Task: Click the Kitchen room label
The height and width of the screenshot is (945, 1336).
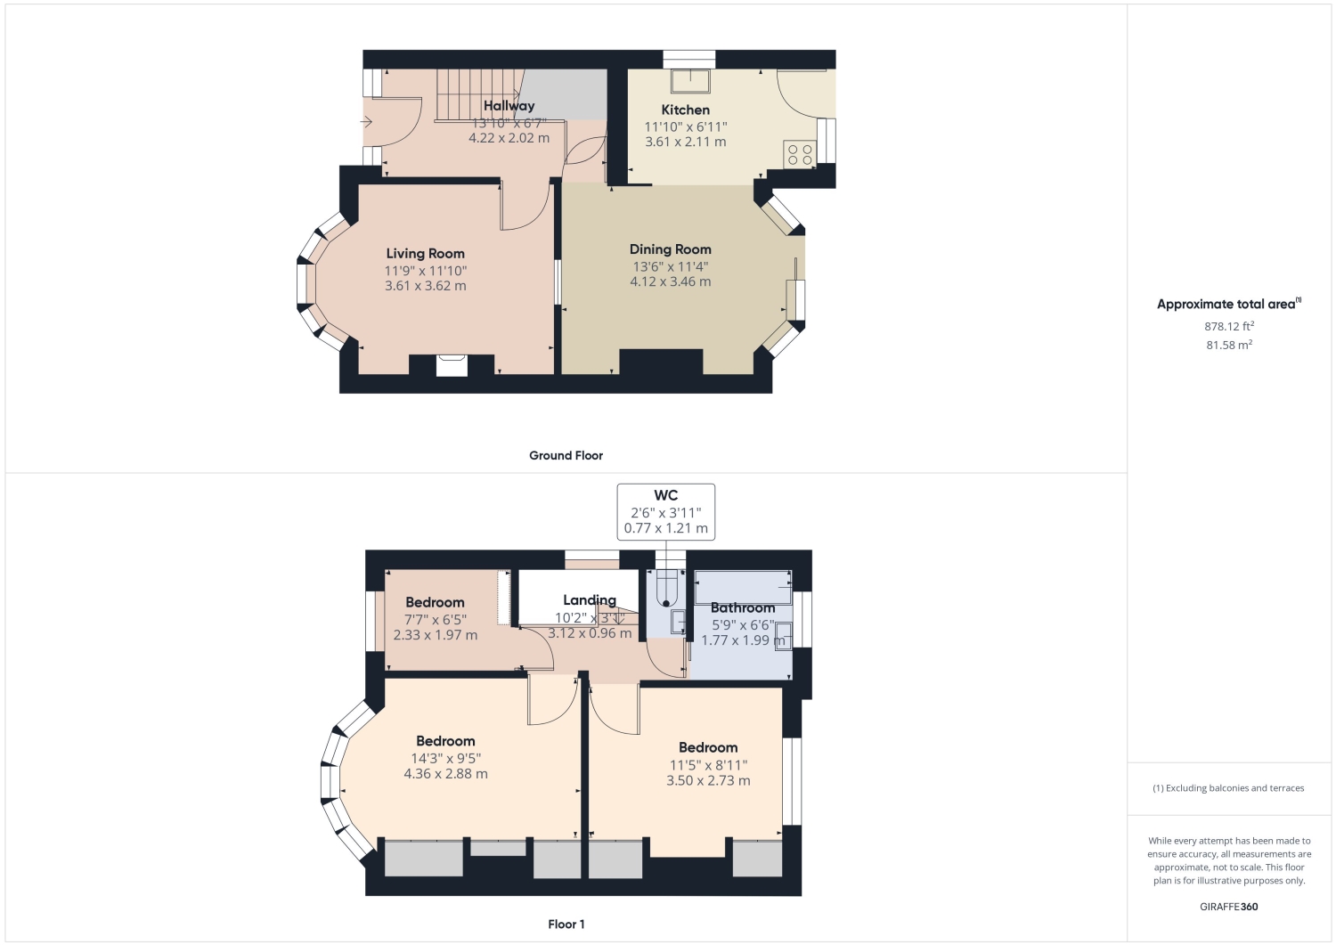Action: [x=685, y=110]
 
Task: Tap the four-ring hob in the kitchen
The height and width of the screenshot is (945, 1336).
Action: [x=800, y=154]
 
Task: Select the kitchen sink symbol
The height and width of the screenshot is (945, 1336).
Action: [x=690, y=81]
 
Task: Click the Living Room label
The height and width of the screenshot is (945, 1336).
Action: [x=425, y=254]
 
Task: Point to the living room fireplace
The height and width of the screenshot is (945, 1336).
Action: [x=452, y=365]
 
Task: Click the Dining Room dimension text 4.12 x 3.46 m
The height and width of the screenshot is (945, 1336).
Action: [x=671, y=281]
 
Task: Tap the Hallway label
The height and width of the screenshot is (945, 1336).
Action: [x=509, y=106]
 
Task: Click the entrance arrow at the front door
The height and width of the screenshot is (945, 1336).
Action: [x=366, y=122]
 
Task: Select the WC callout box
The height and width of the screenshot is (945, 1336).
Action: [x=665, y=512]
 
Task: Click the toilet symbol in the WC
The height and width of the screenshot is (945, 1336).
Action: [x=667, y=588]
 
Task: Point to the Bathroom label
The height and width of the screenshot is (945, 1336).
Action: [x=743, y=608]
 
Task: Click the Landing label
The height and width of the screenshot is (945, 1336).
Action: [x=590, y=599]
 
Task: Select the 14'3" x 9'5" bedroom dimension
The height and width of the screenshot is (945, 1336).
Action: [x=445, y=758]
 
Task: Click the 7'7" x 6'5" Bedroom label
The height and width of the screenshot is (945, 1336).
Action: [x=435, y=603]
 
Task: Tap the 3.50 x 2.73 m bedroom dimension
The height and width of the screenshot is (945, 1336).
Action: [x=708, y=780]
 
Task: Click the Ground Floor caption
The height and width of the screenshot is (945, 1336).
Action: [x=566, y=456]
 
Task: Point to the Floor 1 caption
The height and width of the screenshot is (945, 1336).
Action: [x=566, y=925]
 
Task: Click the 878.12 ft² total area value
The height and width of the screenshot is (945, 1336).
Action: [x=1228, y=326]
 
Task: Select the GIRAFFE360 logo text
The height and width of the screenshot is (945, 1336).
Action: [x=1228, y=907]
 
